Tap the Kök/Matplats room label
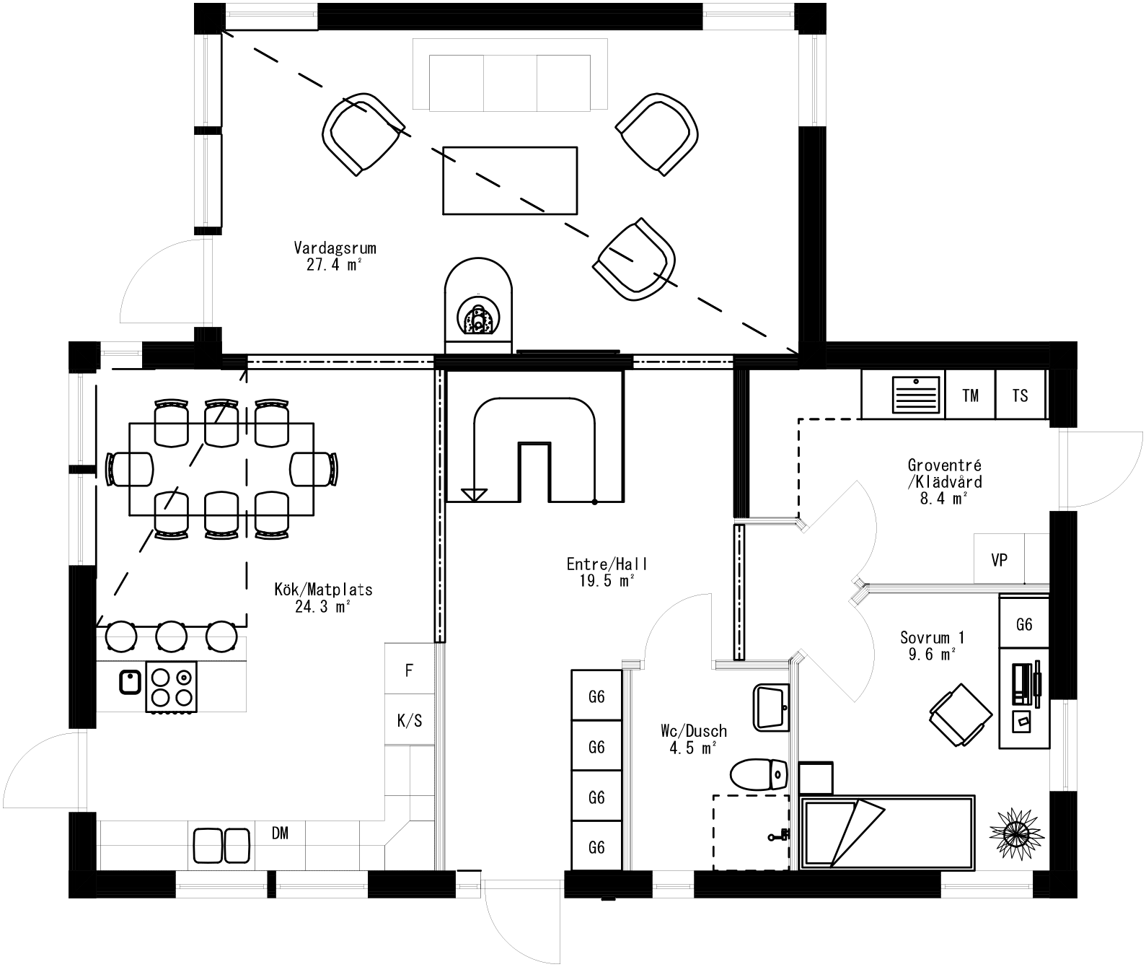pyautogui.click(x=323, y=598)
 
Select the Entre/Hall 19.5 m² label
pyautogui.click(x=601, y=572)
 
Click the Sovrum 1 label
pyautogui.click(x=932, y=645)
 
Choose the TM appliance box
pyautogui.click(x=970, y=395)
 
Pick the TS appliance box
pyautogui.click(x=1020, y=395)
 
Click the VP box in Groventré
pyautogui.click(x=999, y=559)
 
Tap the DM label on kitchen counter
pyautogui.click(x=280, y=833)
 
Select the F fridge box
pyautogui.click(x=409, y=670)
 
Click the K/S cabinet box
pyautogui.click(x=409, y=720)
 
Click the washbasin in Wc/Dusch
pyautogui.click(x=771, y=707)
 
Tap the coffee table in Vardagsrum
pyautogui.click(x=510, y=180)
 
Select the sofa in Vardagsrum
pyautogui.click(x=510, y=75)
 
